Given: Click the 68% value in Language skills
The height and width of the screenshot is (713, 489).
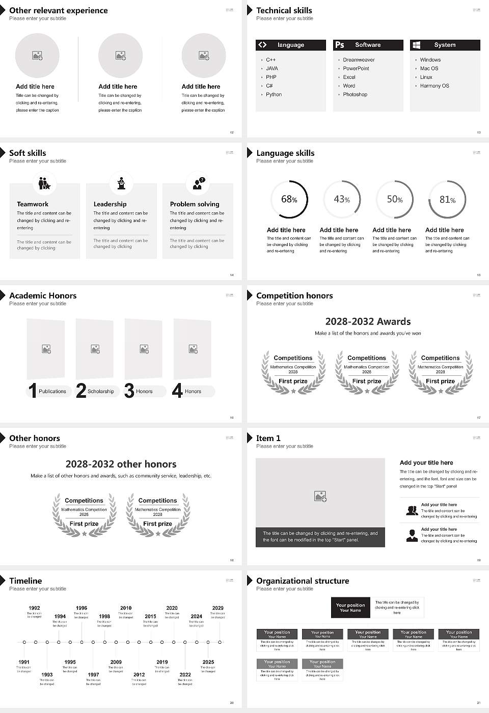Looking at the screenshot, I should tap(289, 199).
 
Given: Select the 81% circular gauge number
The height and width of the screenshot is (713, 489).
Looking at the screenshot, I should tap(447, 199).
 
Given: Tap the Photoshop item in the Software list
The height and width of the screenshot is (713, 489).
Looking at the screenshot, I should tap(355, 94).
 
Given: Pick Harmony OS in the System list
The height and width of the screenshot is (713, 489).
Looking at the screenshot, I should tap(434, 86).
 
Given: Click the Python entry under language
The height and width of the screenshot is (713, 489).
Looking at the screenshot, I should tap(274, 94).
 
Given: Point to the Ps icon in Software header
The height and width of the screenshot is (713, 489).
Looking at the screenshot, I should tap(340, 45).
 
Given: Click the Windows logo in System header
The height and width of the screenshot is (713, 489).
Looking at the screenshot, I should tap(416, 45).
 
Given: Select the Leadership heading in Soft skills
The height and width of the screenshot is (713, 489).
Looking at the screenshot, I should tap(110, 204).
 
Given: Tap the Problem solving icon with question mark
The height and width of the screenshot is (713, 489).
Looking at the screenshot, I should tap(198, 183).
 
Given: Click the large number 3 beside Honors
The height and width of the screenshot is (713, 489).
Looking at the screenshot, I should tap(129, 391).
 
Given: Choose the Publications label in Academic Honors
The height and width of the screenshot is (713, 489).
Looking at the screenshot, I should tap(52, 391).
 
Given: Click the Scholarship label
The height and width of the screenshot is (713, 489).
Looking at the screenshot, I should tap(101, 391).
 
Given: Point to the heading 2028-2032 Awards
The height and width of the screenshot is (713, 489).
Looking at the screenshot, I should tap(368, 321).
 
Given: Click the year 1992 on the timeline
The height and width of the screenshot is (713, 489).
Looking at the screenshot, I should tap(34, 608).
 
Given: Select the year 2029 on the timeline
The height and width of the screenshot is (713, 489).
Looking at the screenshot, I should tap(218, 608).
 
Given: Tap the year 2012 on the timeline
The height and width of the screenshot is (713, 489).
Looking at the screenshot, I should tap(139, 674).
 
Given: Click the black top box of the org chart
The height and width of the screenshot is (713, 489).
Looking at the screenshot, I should tap(350, 608).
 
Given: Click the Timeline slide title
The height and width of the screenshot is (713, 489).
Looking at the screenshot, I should tap(25, 581).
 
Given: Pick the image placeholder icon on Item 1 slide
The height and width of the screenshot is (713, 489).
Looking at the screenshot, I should tap(320, 496).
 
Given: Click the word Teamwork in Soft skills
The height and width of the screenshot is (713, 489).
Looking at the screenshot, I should tap(33, 204).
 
